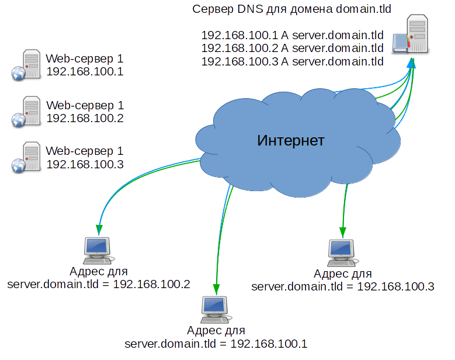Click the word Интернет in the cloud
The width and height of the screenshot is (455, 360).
coord(290,141)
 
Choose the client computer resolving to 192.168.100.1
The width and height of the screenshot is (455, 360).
coord(216,309)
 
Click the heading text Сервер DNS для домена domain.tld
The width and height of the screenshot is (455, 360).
coord(291,9)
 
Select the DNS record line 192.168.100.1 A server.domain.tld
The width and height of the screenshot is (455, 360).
coord(292,35)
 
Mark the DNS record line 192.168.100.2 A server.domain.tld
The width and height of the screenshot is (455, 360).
coord(292,48)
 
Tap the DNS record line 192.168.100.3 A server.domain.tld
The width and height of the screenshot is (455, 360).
coord(292,61)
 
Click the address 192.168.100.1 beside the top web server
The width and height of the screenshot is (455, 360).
coord(85,72)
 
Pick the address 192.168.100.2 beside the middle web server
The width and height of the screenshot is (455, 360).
coord(85,118)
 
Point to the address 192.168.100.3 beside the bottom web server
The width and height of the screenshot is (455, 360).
coord(85,164)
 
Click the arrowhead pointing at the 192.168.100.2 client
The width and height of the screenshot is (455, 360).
coord(99,230)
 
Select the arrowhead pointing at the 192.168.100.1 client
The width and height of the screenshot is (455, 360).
coord(216,288)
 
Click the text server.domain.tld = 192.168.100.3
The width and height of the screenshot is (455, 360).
coord(342,286)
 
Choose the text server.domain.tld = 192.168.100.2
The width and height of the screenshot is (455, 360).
coord(99,285)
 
